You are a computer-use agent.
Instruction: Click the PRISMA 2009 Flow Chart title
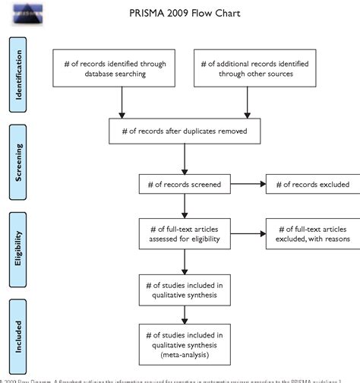click(179, 14)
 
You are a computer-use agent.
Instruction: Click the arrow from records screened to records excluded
click(246, 183)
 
